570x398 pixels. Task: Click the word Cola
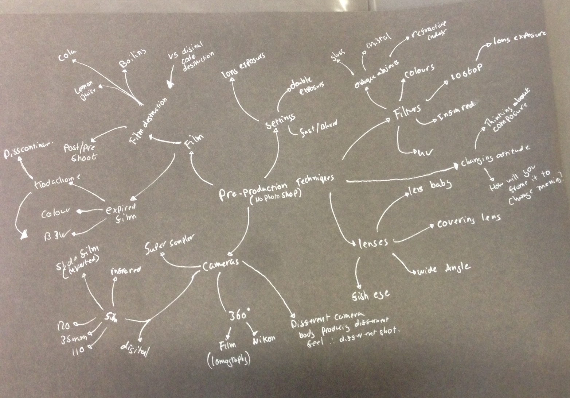(x=67, y=57)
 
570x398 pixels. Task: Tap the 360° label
(x=239, y=314)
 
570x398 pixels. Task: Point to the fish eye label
(x=370, y=294)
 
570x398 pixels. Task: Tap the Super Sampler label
(x=168, y=245)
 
